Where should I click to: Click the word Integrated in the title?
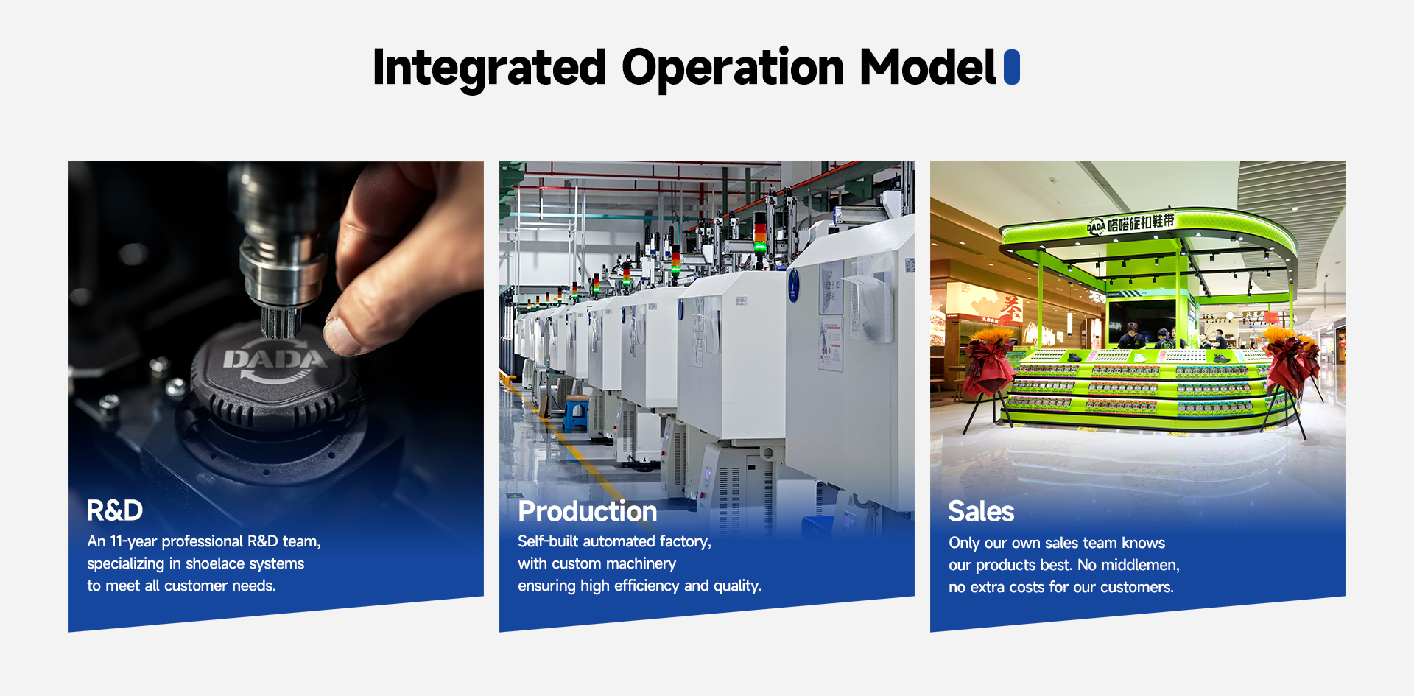pyautogui.click(x=489, y=68)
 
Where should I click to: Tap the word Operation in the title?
pyautogui.click(x=733, y=68)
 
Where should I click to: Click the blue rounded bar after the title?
pyautogui.click(x=1012, y=67)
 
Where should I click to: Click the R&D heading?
pyautogui.click(x=115, y=510)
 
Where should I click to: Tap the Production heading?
pyautogui.click(x=588, y=511)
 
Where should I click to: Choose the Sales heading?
pyautogui.click(x=981, y=511)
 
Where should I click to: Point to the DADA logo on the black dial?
pyautogui.click(x=275, y=359)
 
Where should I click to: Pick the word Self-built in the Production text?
pyautogui.click(x=549, y=541)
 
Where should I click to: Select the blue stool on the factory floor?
pyautogui.click(x=575, y=414)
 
